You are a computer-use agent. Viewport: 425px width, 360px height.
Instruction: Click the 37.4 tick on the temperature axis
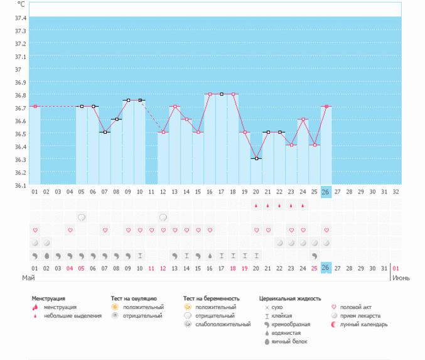(x=19, y=18)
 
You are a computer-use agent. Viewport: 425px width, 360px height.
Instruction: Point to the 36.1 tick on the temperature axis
(x=19, y=185)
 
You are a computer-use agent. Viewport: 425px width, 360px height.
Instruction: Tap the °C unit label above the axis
(x=21, y=4)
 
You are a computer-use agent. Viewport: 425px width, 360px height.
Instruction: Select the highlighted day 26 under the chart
(x=325, y=192)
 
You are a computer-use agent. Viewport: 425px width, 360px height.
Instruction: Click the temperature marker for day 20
(x=256, y=158)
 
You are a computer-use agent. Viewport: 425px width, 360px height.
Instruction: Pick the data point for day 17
(x=222, y=94)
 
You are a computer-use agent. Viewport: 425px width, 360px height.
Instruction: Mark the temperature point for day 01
(x=35, y=107)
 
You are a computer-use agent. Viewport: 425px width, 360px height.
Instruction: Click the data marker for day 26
(x=326, y=107)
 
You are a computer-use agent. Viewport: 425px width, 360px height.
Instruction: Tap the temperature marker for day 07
(x=105, y=133)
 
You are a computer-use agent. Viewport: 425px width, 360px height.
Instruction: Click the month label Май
(x=28, y=277)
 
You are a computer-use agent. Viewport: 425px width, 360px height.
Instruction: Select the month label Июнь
(x=402, y=277)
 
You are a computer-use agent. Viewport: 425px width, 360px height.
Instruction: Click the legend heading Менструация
(x=48, y=298)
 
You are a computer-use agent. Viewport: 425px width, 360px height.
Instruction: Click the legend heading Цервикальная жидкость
(x=289, y=298)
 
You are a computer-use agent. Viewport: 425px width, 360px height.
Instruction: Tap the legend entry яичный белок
(x=286, y=341)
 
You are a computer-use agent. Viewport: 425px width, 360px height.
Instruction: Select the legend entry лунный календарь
(x=369, y=324)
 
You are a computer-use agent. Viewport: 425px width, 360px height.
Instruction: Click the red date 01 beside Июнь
(x=395, y=268)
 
